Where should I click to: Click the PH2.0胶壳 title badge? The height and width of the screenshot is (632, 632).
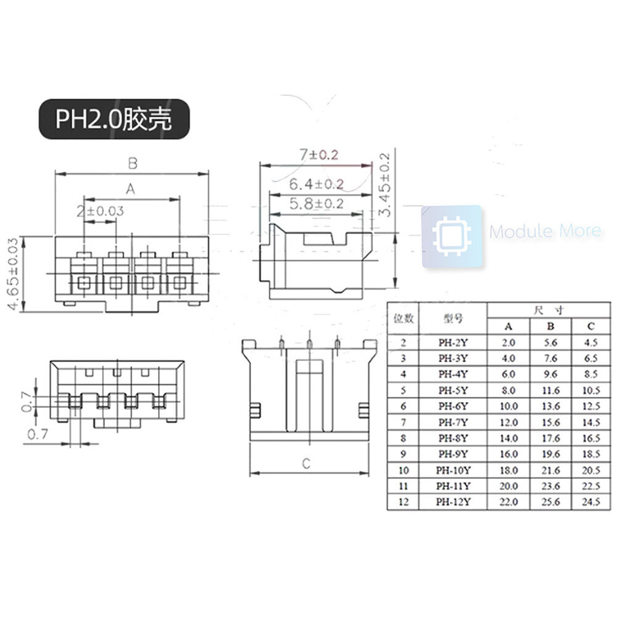coord(114,119)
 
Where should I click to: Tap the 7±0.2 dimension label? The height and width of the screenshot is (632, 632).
coord(319,154)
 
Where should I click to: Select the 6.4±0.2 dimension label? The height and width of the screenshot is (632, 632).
coord(317,184)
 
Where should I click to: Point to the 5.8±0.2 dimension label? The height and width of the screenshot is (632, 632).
coord(317,204)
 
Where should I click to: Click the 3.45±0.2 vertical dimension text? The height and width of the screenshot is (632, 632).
coord(385,185)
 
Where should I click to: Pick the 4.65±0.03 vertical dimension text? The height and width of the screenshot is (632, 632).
coord(13,273)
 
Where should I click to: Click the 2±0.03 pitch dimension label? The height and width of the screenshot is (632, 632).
coord(101,211)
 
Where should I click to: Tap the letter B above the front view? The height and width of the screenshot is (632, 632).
coord(133,163)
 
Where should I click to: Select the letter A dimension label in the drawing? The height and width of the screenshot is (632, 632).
coord(130,189)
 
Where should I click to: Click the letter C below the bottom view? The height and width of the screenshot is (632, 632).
coord(306,464)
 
